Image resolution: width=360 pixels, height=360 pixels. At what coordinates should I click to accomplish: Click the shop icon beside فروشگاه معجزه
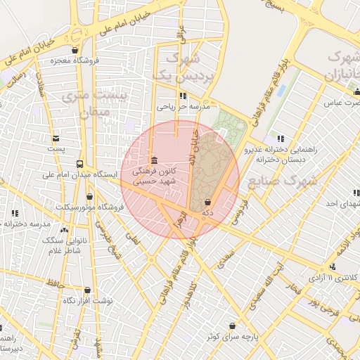pyautogui.click(x=75, y=50)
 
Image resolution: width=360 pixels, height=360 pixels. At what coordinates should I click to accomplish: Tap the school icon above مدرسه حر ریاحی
pyautogui.click(x=184, y=96)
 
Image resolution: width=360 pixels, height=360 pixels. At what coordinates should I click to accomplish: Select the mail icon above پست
pyautogui.click(x=56, y=138)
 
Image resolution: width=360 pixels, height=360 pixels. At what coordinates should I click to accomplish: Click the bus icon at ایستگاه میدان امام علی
pyautogui.click(x=79, y=163)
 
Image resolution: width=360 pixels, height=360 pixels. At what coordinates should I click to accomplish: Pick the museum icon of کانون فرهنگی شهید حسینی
pyautogui.click(x=154, y=160)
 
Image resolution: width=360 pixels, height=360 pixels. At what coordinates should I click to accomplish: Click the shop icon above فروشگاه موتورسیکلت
pyautogui.click(x=89, y=196)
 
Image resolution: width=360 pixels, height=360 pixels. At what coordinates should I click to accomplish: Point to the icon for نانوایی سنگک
pyautogui.click(x=65, y=230)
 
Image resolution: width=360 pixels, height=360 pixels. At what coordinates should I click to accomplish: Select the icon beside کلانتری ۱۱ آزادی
pyautogui.click(x=332, y=267)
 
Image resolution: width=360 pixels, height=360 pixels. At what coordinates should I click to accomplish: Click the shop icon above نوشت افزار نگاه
pyautogui.click(x=87, y=290)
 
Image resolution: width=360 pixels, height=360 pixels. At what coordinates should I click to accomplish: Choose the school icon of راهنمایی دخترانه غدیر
pyautogui.click(x=281, y=139)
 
